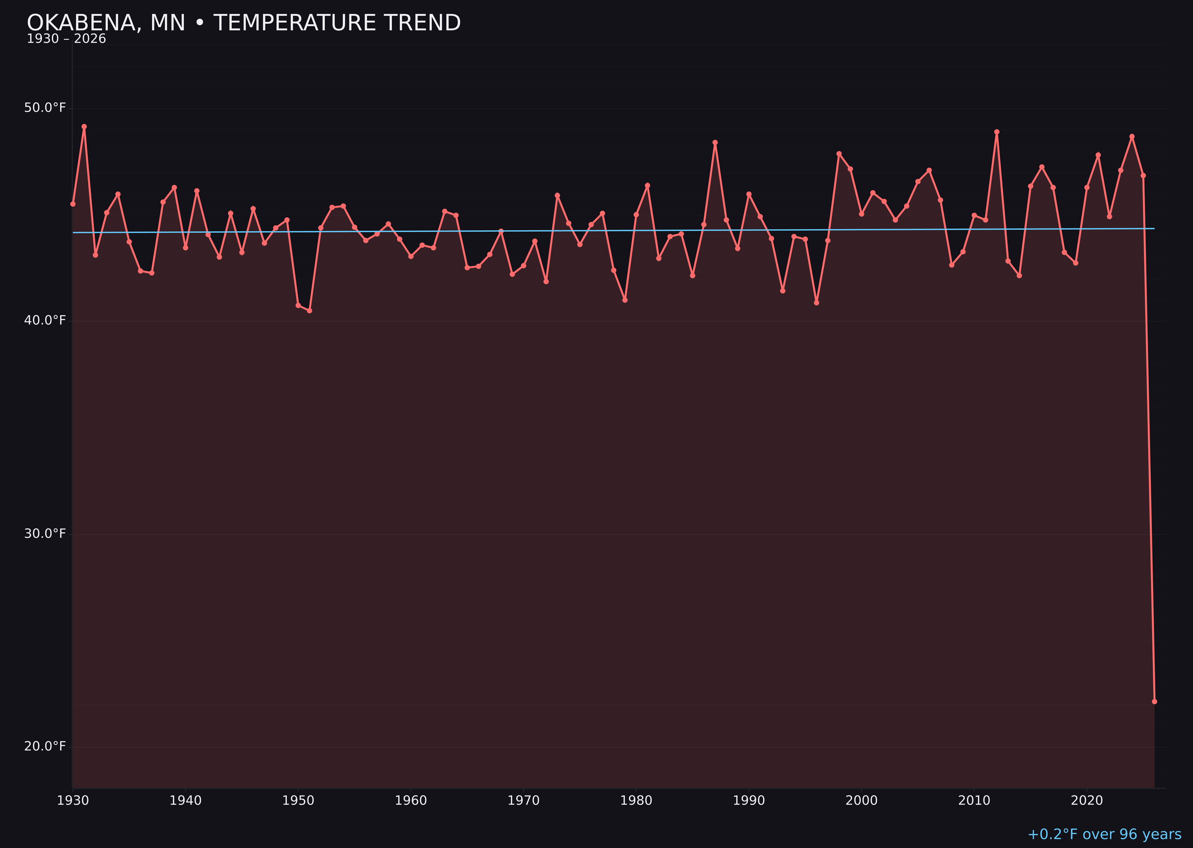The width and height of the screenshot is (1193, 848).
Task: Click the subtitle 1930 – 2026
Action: point(66,39)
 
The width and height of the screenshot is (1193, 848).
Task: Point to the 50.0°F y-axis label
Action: point(45,108)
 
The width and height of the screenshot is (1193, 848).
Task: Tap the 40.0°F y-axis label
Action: point(45,320)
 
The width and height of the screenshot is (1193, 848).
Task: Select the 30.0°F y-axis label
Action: point(45,533)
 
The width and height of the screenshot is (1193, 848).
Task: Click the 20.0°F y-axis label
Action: point(45,746)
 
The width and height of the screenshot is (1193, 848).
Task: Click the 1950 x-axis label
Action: point(298,801)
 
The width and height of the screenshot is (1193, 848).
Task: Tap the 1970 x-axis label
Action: point(523,801)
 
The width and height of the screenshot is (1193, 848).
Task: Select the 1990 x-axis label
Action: point(749,801)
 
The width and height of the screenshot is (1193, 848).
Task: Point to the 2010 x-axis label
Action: point(974,801)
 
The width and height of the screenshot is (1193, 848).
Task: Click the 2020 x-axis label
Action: point(1087,801)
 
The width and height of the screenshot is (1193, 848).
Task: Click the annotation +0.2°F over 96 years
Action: point(1104,834)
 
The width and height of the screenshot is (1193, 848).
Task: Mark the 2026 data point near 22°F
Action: point(1154,701)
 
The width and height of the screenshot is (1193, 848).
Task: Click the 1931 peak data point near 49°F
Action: point(84,126)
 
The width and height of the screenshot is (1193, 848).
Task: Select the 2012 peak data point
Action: point(997,132)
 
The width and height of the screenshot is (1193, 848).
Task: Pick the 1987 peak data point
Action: point(715,143)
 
